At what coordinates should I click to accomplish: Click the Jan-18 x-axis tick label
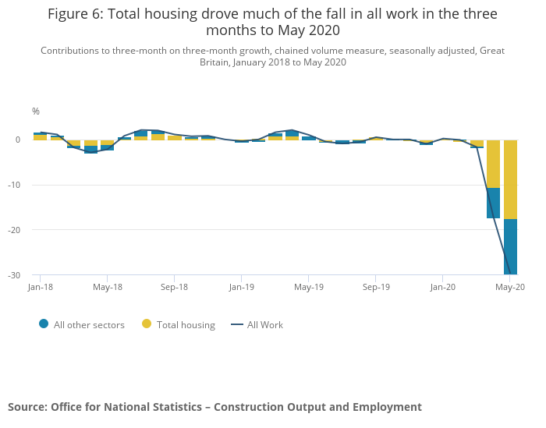[40, 287]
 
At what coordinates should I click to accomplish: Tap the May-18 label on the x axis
[108, 287]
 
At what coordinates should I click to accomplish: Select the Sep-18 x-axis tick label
[174, 287]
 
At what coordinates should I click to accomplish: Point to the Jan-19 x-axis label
[241, 287]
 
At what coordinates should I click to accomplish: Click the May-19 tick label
[309, 287]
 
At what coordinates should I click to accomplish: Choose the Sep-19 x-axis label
[376, 287]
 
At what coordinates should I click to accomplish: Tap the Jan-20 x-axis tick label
[443, 287]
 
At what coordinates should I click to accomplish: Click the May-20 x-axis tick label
[509, 287]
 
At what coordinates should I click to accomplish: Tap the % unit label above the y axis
[36, 111]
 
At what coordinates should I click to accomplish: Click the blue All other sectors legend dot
[44, 324]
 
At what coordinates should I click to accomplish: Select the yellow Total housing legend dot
[147, 324]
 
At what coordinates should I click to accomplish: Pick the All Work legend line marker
[236, 324]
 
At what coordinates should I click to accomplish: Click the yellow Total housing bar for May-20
[510, 179]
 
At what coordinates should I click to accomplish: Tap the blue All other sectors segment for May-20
[510, 246]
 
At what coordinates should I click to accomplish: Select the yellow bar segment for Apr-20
[493, 164]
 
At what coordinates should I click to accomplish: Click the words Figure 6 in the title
[76, 14]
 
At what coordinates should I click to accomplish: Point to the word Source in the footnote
[27, 407]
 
